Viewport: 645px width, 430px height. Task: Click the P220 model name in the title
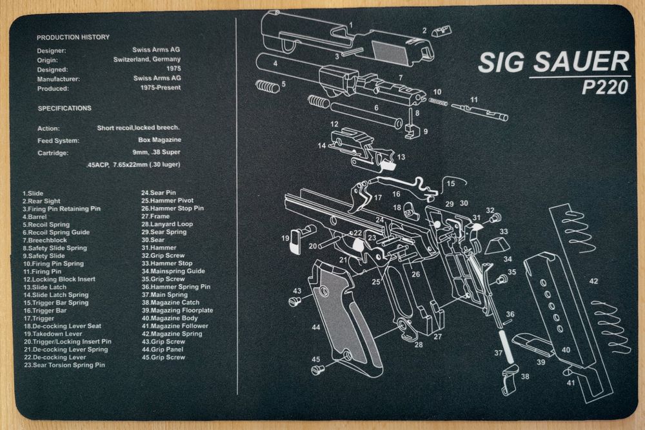(605, 87)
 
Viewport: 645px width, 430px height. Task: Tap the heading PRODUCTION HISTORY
(74, 37)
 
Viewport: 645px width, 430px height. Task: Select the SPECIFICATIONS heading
(64, 108)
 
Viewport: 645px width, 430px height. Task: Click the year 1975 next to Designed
(174, 68)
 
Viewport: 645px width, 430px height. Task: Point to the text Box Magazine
(159, 139)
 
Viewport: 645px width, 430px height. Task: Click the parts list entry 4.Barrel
(35, 217)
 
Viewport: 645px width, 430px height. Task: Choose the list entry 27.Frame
(155, 216)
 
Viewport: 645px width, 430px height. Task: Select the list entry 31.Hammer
(159, 247)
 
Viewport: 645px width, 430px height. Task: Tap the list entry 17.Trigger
(39, 318)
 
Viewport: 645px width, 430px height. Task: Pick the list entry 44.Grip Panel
(163, 349)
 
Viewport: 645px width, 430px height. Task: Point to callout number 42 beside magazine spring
(593, 282)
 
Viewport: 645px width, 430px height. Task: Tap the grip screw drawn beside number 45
(317, 371)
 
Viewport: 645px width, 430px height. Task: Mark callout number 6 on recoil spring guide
(376, 108)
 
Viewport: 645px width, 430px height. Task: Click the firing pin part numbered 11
(480, 112)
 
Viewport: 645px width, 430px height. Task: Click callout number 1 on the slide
(351, 25)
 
